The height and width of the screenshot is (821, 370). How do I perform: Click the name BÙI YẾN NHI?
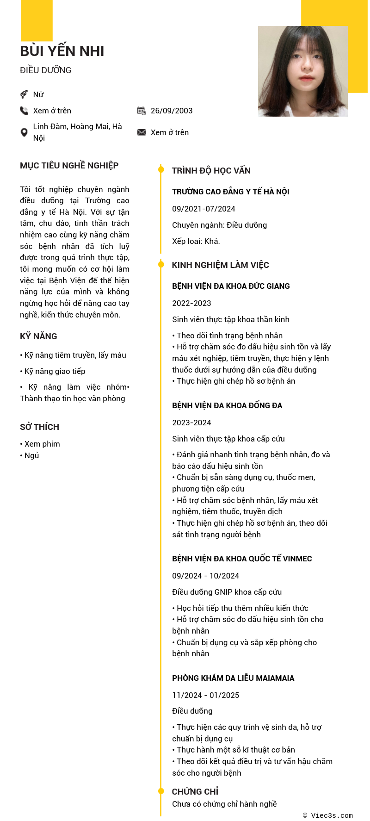click(62, 51)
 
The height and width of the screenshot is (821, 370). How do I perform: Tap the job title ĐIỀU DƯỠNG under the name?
click(45, 70)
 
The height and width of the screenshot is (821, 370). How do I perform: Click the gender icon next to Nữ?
click(24, 94)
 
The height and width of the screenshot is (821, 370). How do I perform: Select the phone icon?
click(24, 111)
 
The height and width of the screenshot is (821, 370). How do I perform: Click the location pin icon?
click(24, 132)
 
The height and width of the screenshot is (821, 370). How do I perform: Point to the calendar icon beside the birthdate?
click(142, 111)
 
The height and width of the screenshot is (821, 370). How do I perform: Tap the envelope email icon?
click(142, 132)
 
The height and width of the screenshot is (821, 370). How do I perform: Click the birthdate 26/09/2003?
click(172, 111)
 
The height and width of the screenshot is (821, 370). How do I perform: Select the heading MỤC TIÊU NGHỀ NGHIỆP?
click(69, 166)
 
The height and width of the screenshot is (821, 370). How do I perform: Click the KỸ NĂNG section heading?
click(38, 336)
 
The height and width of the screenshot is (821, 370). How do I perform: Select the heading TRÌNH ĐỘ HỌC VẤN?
click(211, 171)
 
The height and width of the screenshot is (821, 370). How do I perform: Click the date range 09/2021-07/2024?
click(203, 209)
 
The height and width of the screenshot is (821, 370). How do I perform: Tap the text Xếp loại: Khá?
click(196, 241)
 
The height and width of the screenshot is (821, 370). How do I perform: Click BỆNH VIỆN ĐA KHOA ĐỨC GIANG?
click(231, 286)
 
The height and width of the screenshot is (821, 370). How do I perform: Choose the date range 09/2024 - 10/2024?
click(205, 576)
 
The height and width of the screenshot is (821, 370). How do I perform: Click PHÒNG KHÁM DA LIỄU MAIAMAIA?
click(233, 678)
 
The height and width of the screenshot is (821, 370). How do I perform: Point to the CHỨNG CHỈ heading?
click(195, 791)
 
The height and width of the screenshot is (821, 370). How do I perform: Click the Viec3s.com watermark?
click(328, 815)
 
